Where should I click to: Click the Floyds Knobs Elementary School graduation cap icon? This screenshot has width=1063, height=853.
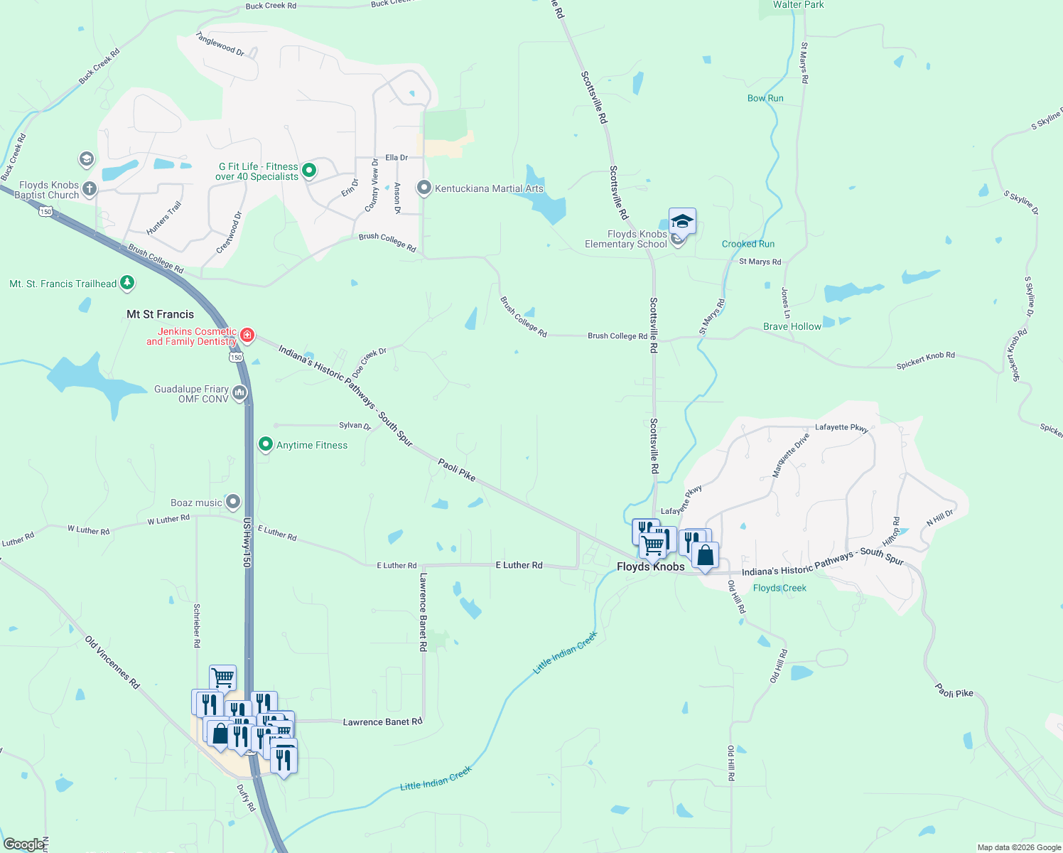click(682, 221)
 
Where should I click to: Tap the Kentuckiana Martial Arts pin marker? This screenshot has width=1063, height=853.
click(424, 188)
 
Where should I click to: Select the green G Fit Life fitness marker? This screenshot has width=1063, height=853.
click(309, 171)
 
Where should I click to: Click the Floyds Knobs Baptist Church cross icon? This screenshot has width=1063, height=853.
click(90, 189)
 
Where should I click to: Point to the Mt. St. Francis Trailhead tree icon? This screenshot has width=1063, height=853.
click(127, 283)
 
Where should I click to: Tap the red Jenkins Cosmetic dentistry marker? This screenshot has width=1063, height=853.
click(247, 335)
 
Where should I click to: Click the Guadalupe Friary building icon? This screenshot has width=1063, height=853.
click(239, 392)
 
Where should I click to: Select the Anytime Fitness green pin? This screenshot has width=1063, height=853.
click(265, 444)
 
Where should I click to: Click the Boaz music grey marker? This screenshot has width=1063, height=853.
click(233, 502)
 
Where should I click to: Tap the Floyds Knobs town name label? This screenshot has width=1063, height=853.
click(650, 567)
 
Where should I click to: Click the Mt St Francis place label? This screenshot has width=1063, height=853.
click(160, 314)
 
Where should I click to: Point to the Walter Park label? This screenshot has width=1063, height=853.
click(799, 5)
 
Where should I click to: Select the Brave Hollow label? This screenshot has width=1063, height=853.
click(792, 326)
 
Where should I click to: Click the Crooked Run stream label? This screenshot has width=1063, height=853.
click(748, 244)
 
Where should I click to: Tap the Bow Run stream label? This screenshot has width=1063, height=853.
click(765, 98)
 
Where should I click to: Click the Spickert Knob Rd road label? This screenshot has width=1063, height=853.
click(925, 360)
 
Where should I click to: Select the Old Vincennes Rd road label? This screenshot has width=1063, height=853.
click(112, 662)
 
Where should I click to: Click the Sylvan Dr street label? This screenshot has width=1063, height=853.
click(355, 425)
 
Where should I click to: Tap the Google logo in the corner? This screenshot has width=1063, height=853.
click(23, 845)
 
